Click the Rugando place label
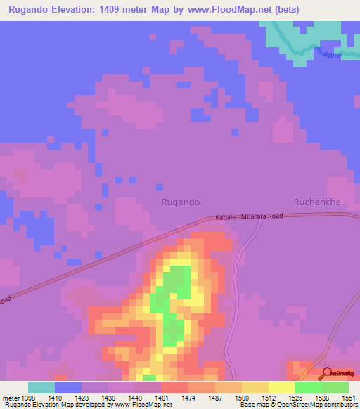pyautogui.click(x=181, y=202)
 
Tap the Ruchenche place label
pyautogui.click(x=317, y=202)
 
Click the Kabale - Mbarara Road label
pyautogui.click(x=249, y=217)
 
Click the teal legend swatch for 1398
pyautogui.click(x=41, y=387)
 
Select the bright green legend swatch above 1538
pyautogui.click(x=309, y=387)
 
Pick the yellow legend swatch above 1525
pyautogui.click(x=282, y=387)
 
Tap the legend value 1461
pyautogui.click(x=161, y=397)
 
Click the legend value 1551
pyautogui.click(x=347, y=397)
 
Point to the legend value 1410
pyautogui.click(x=55, y=397)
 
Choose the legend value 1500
pyautogui.click(x=241, y=397)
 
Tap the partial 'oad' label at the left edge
pyautogui.click(x=5, y=300)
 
